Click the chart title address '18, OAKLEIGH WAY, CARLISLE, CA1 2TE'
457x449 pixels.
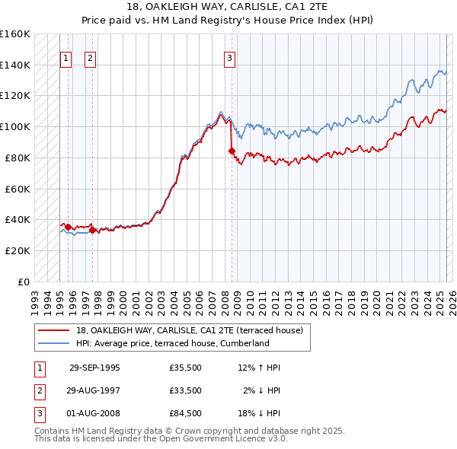click(228, 8)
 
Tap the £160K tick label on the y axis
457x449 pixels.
click(15, 34)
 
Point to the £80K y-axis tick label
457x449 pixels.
click(18, 158)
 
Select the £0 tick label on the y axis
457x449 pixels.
click(24, 282)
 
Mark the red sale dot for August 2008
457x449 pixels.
click(232, 151)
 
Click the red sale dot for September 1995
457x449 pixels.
click(68, 226)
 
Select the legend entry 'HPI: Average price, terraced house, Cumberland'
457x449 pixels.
click(173, 343)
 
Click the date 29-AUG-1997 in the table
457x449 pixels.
click(94, 390)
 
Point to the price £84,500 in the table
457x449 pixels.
click(186, 413)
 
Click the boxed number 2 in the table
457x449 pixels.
click(38, 390)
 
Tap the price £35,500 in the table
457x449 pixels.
click(186, 368)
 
